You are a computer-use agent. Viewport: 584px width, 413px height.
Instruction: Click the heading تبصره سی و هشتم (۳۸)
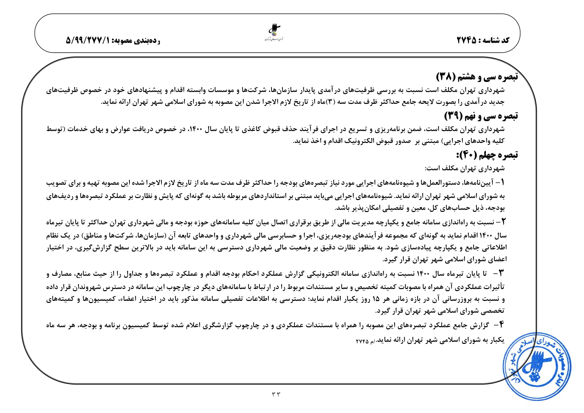tap(477, 77)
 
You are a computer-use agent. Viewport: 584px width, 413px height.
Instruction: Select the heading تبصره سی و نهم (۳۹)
tap(481, 116)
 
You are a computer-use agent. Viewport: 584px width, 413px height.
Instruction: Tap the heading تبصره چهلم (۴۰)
tap(487, 155)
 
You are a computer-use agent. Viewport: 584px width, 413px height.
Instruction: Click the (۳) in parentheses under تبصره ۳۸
tap(330, 102)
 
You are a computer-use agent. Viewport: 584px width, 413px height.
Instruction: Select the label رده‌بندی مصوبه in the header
tap(136, 40)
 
